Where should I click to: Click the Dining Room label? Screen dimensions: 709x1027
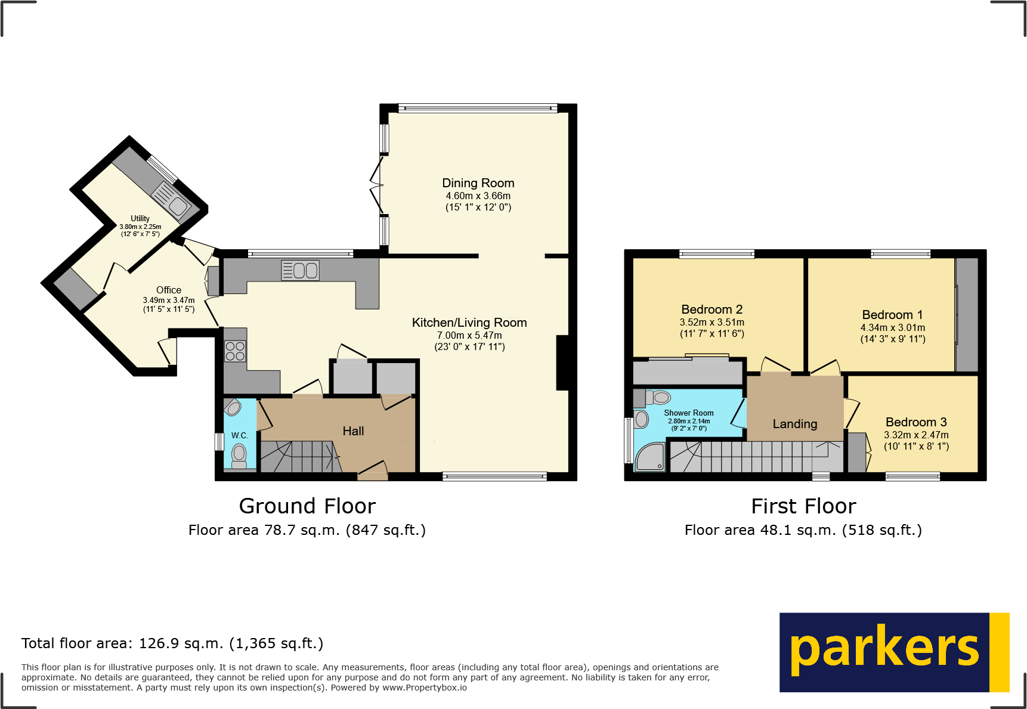(478, 183)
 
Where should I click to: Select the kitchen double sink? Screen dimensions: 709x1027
(300, 270)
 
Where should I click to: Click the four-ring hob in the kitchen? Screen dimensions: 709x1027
(235, 351)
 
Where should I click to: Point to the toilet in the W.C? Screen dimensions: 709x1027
(239, 456)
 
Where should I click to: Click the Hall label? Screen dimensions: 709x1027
(353, 431)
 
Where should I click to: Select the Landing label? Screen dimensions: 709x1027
(794, 424)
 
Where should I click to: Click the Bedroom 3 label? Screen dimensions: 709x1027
(915, 422)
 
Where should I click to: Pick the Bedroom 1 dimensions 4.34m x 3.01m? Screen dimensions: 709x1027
(892, 327)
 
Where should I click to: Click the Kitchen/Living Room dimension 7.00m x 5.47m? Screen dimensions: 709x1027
(469, 336)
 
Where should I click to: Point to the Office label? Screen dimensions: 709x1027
(169, 290)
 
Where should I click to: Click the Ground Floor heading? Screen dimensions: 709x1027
(307, 506)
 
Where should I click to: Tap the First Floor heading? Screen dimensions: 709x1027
(803, 506)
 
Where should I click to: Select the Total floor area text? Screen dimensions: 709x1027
(172, 643)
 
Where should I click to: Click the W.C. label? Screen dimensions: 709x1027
(240, 436)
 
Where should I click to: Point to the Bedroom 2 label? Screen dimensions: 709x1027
(712, 309)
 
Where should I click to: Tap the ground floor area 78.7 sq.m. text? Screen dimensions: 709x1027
(307, 530)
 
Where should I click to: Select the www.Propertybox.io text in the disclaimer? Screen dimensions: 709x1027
(424, 688)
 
